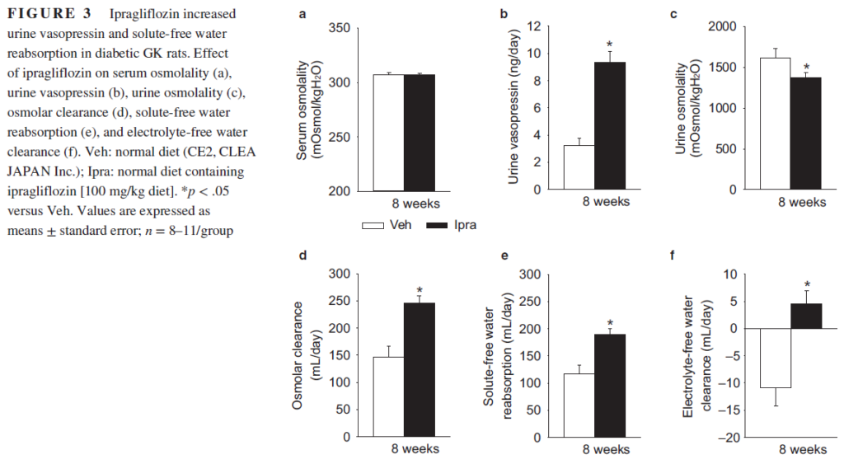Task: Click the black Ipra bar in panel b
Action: (x=610, y=125)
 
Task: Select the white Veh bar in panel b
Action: (x=579, y=167)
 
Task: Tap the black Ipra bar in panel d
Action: (x=419, y=369)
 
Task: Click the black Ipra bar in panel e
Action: (x=610, y=385)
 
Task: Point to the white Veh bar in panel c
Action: (x=775, y=124)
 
